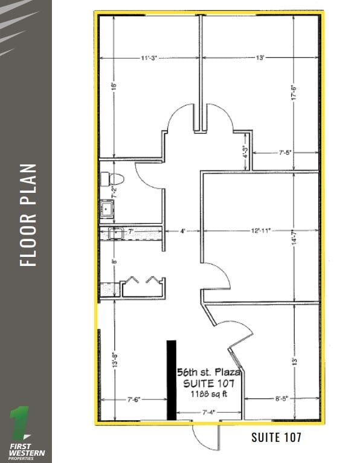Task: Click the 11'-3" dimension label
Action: pyautogui.click(x=149, y=58)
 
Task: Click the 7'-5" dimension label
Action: pyautogui.click(x=286, y=153)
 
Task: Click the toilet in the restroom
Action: pyautogui.click(x=112, y=180)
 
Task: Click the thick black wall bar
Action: pyautogui.click(x=172, y=380)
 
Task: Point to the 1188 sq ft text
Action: pyautogui.click(x=208, y=393)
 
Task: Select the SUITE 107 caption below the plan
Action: pyautogui.click(x=275, y=436)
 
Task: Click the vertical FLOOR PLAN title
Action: pyautogui.click(x=28, y=215)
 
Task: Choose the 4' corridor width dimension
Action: pyautogui.click(x=181, y=230)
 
